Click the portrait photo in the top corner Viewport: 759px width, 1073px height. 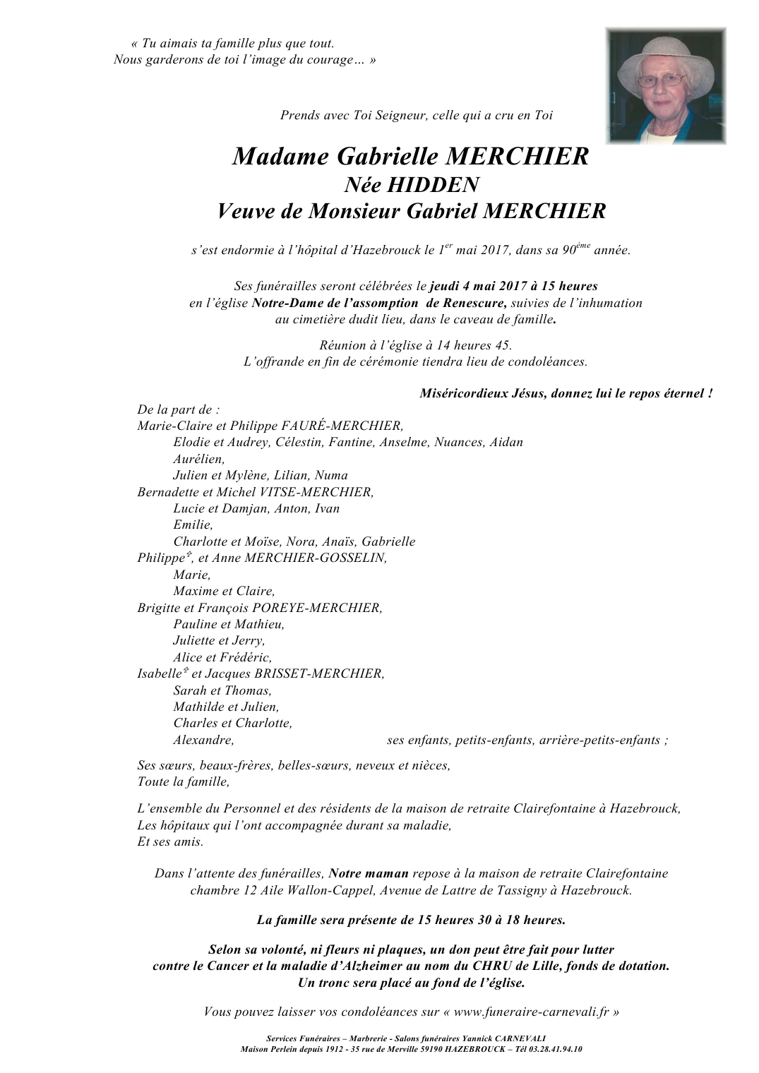click(x=666, y=86)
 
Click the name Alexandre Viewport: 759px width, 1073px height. click(x=203, y=740)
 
